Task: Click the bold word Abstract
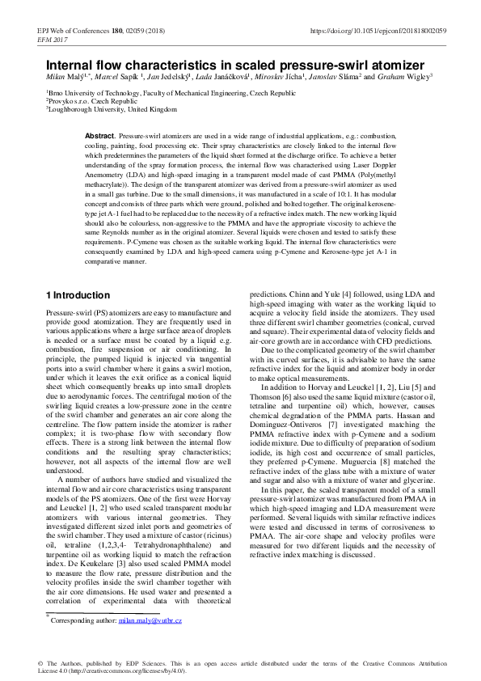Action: (x=100, y=134)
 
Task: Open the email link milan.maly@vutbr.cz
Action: (x=150, y=620)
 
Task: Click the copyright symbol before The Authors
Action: (x=41, y=663)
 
